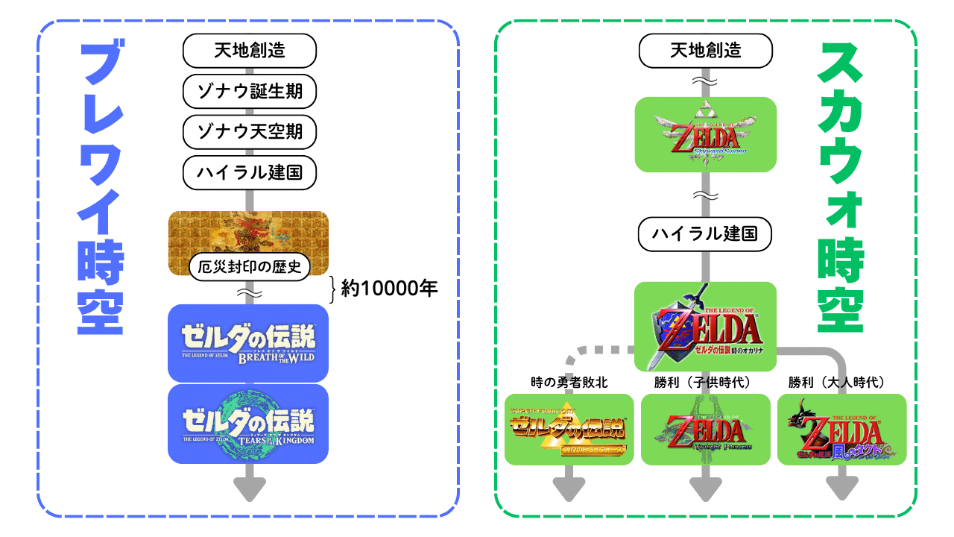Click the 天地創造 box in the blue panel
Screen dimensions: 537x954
(250, 51)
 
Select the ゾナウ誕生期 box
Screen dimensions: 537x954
(250, 92)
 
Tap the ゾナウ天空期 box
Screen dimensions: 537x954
(250, 132)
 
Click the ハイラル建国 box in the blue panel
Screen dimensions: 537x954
(250, 173)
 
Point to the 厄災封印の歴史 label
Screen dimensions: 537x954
(250, 267)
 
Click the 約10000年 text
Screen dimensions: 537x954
(389, 288)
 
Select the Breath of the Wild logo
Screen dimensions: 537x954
(248, 343)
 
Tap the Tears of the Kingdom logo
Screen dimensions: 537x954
(248, 424)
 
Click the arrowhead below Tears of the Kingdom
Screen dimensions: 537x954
(249, 489)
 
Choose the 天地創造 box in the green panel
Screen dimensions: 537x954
(706, 51)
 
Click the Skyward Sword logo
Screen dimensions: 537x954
(706, 135)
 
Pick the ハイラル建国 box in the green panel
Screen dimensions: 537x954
(706, 234)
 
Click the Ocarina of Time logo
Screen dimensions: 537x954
(706, 327)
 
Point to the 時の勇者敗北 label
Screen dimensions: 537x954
(569, 383)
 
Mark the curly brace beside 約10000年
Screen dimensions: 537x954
(333, 288)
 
